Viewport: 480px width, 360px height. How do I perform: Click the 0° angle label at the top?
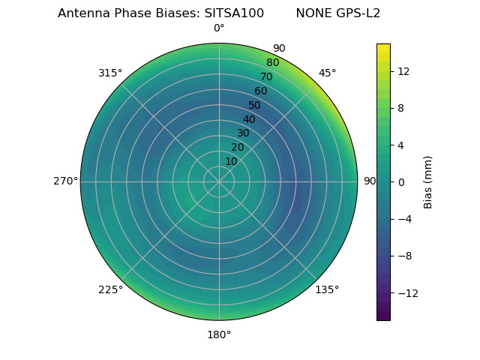click(x=219, y=28)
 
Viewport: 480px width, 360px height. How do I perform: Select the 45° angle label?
click(x=327, y=73)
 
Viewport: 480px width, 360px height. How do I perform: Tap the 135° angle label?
click(x=327, y=289)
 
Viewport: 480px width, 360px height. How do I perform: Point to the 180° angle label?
click(x=219, y=334)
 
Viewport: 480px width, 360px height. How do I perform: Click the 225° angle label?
click(x=110, y=289)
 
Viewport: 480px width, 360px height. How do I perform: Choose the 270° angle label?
click(x=65, y=181)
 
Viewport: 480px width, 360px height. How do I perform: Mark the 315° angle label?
click(x=110, y=73)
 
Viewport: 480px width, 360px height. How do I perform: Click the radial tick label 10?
click(x=231, y=161)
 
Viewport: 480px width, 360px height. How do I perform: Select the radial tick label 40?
click(x=249, y=119)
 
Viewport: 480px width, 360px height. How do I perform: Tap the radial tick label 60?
click(x=261, y=91)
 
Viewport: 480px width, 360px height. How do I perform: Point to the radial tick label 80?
click(x=273, y=63)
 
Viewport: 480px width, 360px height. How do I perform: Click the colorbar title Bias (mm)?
click(x=428, y=182)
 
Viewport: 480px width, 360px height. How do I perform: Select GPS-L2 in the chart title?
click(x=359, y=13)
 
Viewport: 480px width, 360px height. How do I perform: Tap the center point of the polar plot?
click(x=219, y=181)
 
